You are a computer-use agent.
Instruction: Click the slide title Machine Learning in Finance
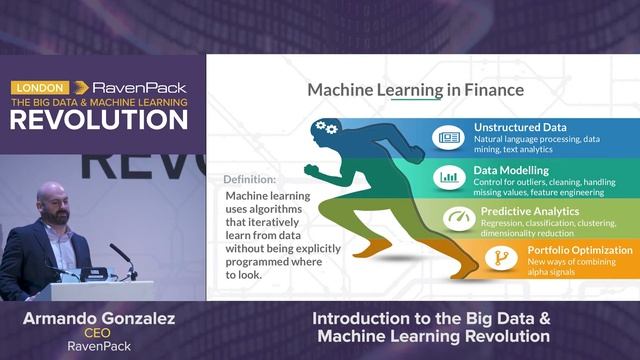(x=415, y=90)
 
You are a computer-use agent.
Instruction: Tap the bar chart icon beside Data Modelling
(x=449, y=177)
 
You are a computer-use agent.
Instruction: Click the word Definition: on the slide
(x=250, y=180)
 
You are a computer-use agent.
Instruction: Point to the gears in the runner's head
(x=326, y=129)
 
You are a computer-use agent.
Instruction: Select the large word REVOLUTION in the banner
(x=99, y=119)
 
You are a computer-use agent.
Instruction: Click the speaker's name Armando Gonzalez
(x=98, y=319)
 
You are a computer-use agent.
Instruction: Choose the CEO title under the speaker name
(x=98, y=333)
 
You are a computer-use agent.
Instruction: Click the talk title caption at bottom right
(x=431, y=327)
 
